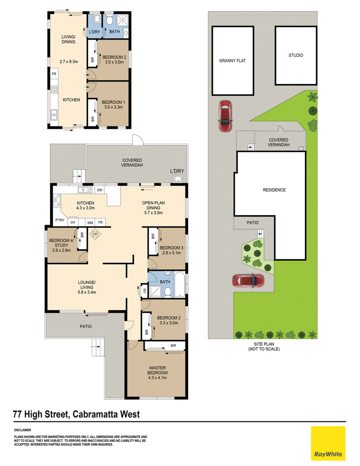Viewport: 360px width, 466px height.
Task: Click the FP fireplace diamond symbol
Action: click(x=95, y=234)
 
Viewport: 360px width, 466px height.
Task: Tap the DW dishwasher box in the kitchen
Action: click(x=100, y=190)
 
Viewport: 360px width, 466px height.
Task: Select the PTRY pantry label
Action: click(x=60, y=220)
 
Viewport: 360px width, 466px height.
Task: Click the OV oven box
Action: click(x=73, y=222)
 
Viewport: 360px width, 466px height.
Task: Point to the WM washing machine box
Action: click(x=90, y=222)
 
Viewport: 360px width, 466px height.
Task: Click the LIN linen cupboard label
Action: click(x=144, y=291)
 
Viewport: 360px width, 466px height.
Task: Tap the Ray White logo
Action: click(x=328, y=443)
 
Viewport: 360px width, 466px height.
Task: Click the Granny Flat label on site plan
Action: click(x=232, y=61)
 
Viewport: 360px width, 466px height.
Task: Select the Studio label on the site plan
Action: click(x=296, y=55)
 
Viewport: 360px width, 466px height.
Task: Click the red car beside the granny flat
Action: click(x=225, y=116)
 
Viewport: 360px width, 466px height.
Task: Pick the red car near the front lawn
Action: click(x=248, y=281)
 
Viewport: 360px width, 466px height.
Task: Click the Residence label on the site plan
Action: click(x=274, y=190)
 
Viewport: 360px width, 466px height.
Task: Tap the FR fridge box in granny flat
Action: click(x=54, y=74)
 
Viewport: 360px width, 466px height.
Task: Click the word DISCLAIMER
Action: click(x=22, y=430)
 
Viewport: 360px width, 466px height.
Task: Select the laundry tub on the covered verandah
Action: click(x=178, y=179)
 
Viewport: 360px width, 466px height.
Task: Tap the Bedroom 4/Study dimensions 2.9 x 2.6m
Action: click(x=62, y=250)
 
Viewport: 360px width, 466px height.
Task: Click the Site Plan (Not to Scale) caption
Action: click(x=264, y=347)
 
